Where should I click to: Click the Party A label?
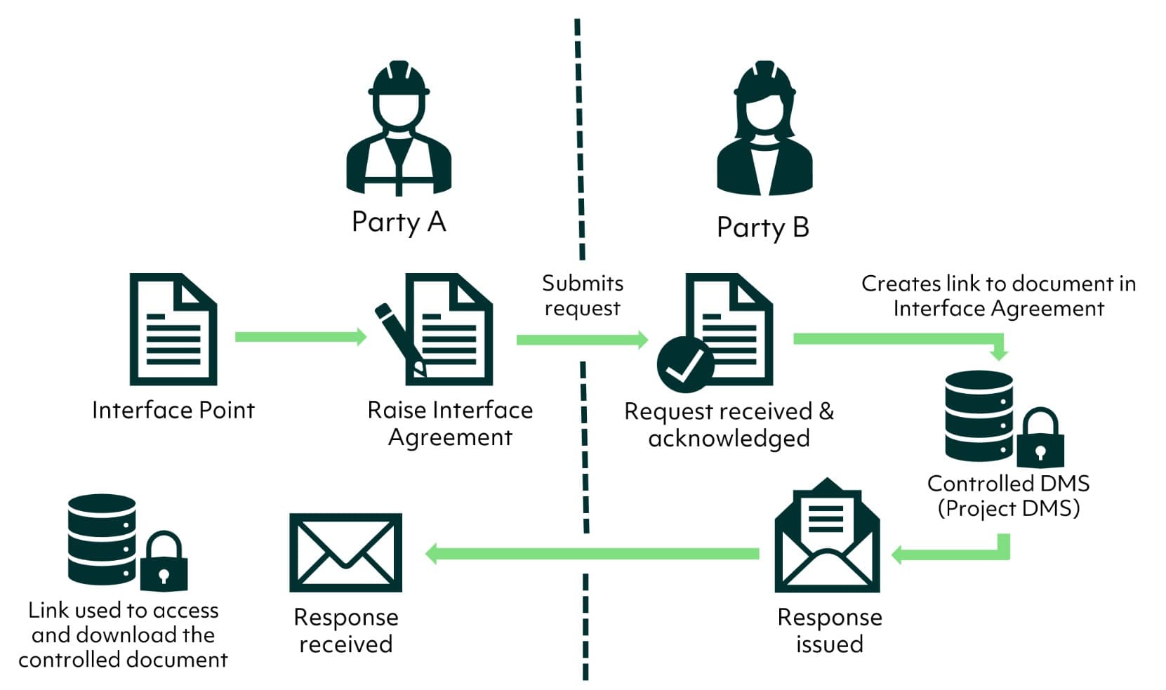click(399, 222)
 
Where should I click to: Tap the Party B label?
click(762, 227)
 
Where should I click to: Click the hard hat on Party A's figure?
click(399, 79)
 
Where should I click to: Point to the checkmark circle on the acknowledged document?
click(684, 364)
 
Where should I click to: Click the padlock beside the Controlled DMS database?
click(1040, 439)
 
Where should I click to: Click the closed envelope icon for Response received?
click(345, 552)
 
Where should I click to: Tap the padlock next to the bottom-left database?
click(164, 562)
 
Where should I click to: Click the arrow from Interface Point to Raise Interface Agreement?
click(300, 337)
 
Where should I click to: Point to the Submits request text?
click(582, 296)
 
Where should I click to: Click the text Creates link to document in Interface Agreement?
click(998, 296)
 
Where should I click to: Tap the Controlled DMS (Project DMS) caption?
click(1008, 496)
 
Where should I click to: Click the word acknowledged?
click(729, 439)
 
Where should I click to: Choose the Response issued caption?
click(829, 630)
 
